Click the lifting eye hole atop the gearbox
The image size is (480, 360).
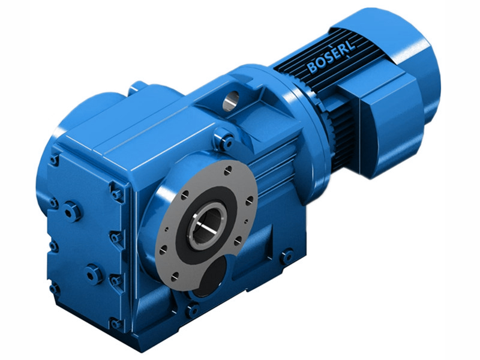tap(230, 101)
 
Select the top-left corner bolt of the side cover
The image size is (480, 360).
tap(55, 160)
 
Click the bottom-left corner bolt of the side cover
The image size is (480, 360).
tap(55, 289)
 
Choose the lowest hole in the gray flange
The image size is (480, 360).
tap(175, 278)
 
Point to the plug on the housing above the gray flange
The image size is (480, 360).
tap(226, 142)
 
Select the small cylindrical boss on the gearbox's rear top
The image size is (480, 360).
tap(137, 87)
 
